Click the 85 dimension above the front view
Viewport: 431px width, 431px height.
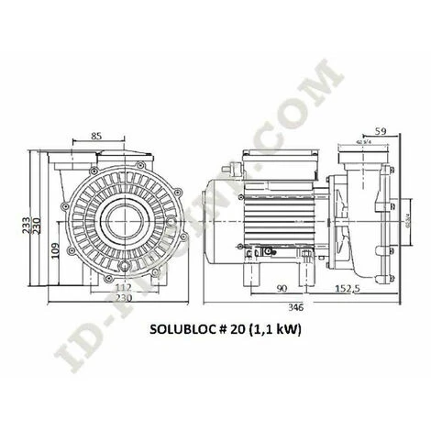tap(96, 138)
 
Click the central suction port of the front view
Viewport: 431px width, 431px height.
tap(113, 221)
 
